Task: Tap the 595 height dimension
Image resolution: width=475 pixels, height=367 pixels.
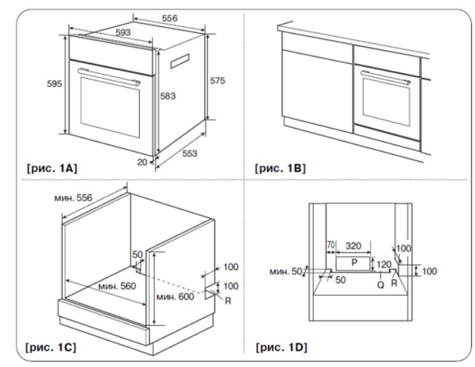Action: (x=54, y=84)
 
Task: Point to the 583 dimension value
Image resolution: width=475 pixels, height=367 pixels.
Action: (x=168, y=96)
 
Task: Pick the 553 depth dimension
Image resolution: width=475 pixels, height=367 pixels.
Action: (x=189, y=153)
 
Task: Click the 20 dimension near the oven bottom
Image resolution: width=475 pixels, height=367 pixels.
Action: (x=142, y=161)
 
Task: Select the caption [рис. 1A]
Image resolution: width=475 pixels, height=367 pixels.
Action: (x=51, y=168)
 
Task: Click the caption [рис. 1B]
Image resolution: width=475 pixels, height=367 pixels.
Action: (x=280, y=168)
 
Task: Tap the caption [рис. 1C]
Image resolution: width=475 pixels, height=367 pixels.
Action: (x=51, y=345)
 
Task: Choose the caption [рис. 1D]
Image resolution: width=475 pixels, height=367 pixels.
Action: (x=280, y=345)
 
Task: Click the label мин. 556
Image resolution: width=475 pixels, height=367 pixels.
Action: (x=74, y=197)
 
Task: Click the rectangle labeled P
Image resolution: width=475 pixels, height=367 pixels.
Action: (x=354, y=263)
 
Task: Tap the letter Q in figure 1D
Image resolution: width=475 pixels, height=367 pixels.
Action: (x=381, y=284)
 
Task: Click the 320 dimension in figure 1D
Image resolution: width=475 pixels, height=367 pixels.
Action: (x=353, y=246)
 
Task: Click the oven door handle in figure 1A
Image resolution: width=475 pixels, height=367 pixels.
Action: (x=109, y=74)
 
